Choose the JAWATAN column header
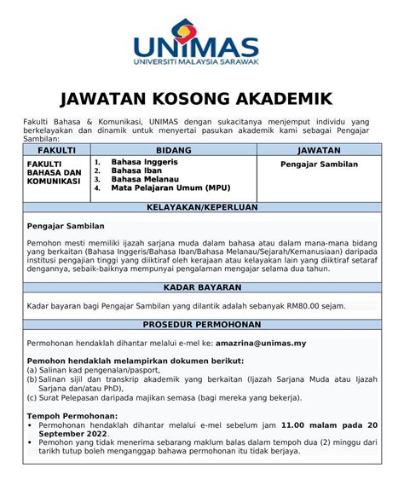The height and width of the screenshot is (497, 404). pos(320,149)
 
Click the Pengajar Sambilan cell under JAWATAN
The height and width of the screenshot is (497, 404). pos(320,164)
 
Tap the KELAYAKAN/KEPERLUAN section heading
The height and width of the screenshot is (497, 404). pos(202,208)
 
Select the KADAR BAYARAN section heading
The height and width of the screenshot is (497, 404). pos(202,287)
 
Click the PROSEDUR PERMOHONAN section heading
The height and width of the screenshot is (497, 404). pos(202,325)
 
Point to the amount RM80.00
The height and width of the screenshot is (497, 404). pos(304,305)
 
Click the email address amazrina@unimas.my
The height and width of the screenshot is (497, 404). pos(261,343)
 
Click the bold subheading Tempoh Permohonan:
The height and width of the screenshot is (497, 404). pos(72,415)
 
